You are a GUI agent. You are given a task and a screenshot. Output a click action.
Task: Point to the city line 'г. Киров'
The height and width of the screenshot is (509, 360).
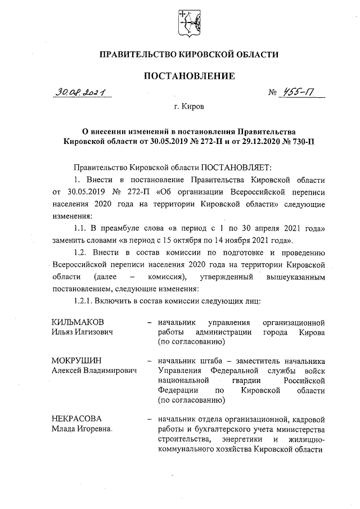click(x=188, y=106)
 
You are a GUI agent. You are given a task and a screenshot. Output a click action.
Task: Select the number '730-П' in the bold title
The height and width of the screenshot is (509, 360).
click(x=302, y=141)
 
